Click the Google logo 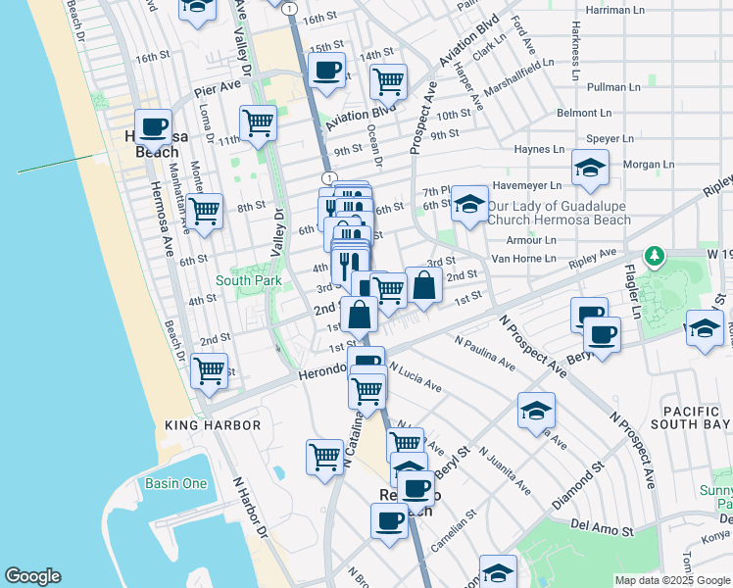[33, 576]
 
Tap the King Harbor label [213, 425]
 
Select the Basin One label [175, 483]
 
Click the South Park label [249, 281]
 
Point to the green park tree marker [655, 258]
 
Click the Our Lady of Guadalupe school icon [470, 205]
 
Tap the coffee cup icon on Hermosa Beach [153, 126]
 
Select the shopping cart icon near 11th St [258, 122]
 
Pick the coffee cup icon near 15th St [326, 70]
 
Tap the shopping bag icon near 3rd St [423, 286]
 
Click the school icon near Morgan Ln [590, 169]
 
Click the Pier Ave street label [218, 86]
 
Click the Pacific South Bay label [697, 417]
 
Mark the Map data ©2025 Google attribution [671, 580]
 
